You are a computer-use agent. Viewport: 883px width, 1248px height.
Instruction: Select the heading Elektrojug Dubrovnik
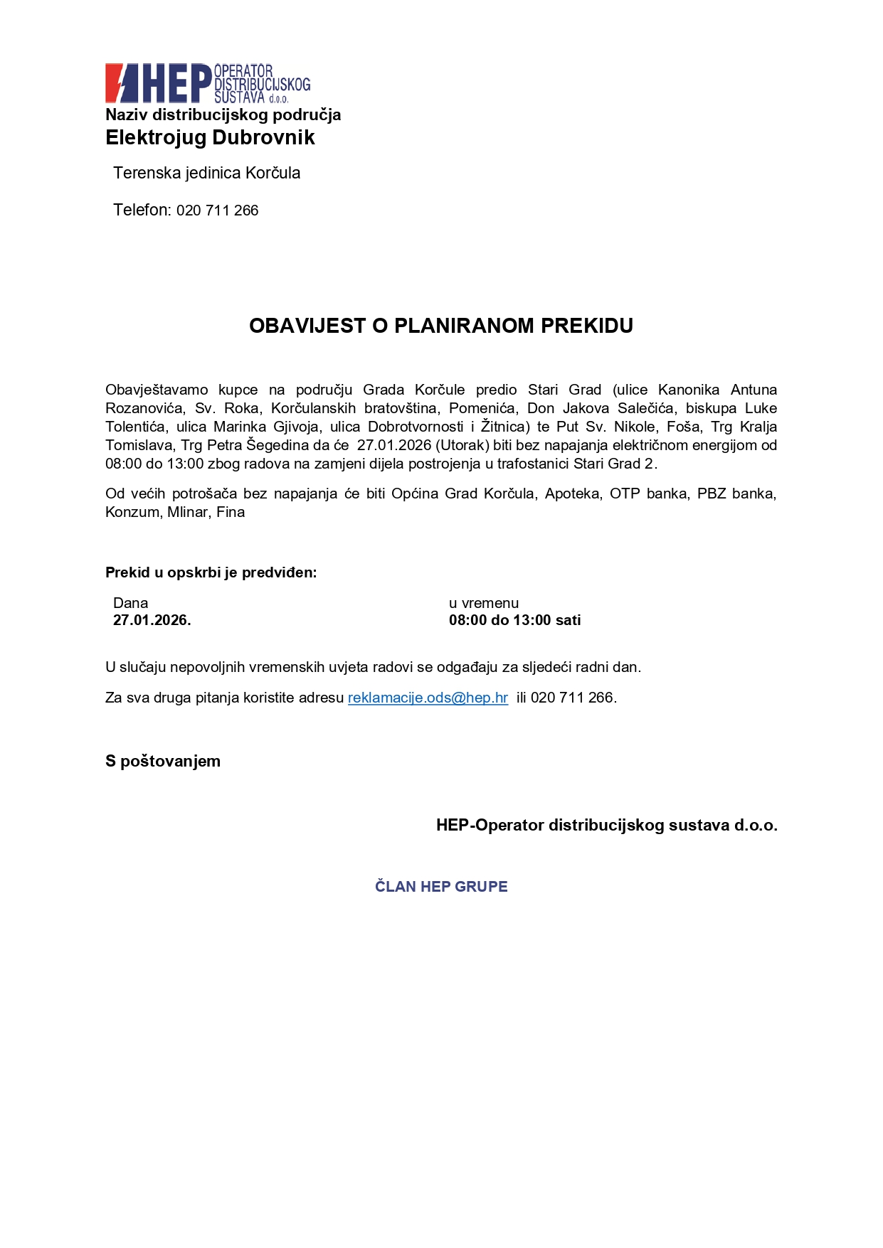pos(210,137)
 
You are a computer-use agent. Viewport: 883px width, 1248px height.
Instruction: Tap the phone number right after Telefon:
pos(217,210)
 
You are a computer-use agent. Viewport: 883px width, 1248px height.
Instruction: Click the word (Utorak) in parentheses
pos(462,445)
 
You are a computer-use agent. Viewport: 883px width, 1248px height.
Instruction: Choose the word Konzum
pos(132,512)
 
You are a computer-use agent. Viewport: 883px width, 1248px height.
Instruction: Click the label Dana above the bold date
pos(130,603)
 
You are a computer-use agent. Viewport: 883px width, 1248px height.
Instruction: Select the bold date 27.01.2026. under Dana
pos(152,620)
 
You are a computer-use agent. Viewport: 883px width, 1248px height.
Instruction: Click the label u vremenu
pos(484,603)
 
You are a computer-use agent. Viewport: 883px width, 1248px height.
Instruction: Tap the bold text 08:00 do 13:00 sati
pos(514,620)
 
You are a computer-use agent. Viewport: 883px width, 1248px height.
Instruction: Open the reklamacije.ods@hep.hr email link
pos(428,698)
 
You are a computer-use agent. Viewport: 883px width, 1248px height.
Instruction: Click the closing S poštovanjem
pos(163,761)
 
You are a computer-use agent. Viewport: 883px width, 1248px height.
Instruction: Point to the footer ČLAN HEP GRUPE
pos(441,887)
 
